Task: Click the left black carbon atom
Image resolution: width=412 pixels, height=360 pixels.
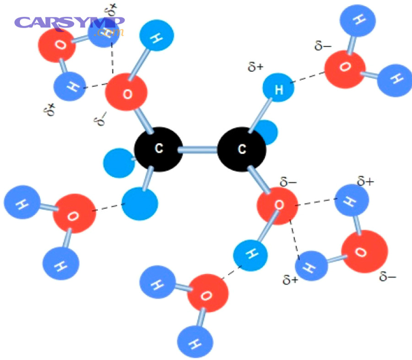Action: click(159, 149)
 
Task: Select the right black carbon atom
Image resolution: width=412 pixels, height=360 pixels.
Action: click(242, 149)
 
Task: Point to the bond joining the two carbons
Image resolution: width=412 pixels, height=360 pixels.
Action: click(200, 150)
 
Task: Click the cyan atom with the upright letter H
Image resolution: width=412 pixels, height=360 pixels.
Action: click(278, 88)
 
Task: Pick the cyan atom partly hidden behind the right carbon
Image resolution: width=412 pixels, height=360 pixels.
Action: click(267, 132)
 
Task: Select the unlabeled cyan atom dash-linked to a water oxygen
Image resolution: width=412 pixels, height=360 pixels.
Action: click(140, 204)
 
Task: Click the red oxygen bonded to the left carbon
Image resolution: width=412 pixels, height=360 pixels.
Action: click(126, 92)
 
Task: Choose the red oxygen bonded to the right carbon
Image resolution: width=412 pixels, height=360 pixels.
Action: click(277, 206)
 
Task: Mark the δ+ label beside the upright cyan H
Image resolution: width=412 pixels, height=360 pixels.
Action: click(255, 67)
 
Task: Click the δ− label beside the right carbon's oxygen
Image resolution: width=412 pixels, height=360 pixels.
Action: click(288, 182)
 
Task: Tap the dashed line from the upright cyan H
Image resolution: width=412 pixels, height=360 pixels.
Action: click(308, 77)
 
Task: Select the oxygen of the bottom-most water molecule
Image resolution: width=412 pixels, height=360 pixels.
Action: click(207, 293)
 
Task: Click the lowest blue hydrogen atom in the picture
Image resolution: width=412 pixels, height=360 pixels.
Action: click(195, 342)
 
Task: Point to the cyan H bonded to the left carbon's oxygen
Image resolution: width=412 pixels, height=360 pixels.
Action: click(157, 35)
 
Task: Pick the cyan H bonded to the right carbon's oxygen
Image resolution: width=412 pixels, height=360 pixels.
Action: click(250, 255)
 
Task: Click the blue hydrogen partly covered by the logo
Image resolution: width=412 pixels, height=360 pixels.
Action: click(103, 33)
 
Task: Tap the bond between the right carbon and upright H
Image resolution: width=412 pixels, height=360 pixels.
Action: click(260, 116)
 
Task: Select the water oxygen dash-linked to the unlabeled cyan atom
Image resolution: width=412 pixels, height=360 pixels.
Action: click(74, 213)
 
